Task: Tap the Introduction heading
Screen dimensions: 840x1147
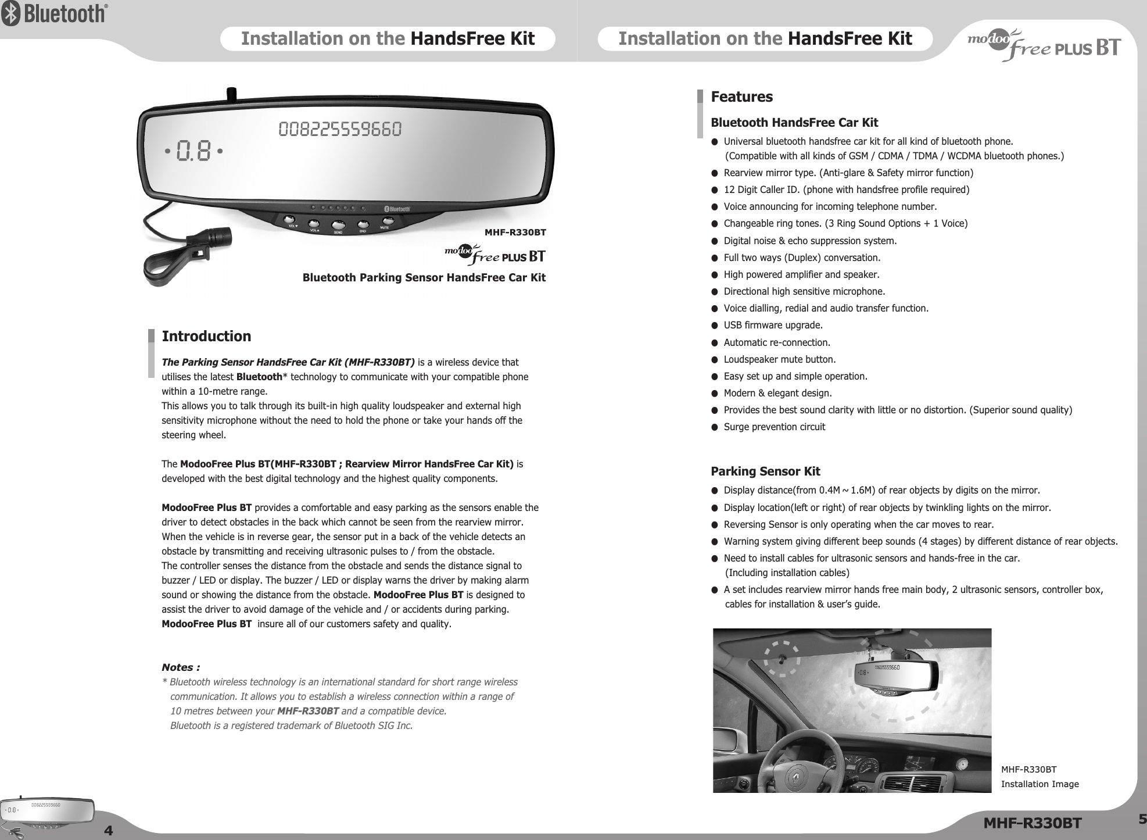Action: click(x=206, y=337)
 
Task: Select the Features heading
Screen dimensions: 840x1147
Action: click(x=742, y=96)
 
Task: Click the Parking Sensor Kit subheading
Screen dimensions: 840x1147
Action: click(x=765, y=471)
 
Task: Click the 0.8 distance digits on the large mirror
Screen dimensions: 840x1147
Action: click(x=194, y=151)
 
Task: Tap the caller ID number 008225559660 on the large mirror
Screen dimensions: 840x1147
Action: click(x=340, y=129)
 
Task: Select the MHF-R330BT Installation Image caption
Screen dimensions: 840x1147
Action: click(x=1039, y=777)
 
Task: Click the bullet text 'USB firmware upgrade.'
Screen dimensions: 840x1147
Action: click(x=773, y=325)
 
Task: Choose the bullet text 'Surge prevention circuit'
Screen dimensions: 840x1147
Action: click(x=774, y=427)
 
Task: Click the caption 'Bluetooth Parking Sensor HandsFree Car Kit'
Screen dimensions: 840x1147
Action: click(x=424, y=278)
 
